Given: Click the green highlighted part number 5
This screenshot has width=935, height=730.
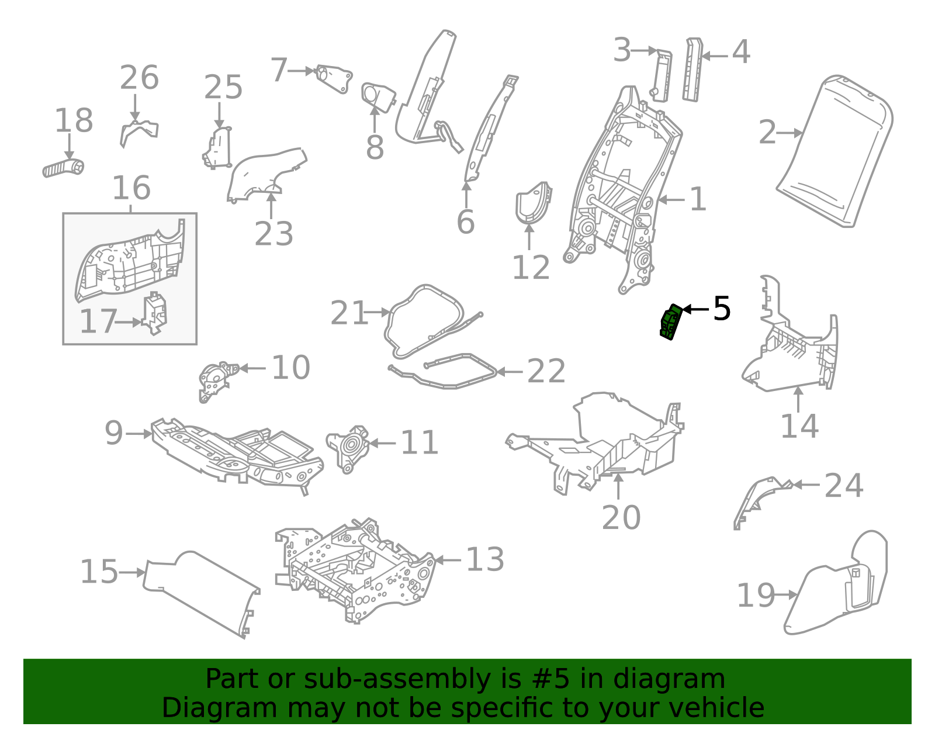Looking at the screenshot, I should tap(670, 322).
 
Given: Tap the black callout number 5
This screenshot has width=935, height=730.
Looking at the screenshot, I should tap(722, 309).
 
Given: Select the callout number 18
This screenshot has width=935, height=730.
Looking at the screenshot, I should tap(74, 121).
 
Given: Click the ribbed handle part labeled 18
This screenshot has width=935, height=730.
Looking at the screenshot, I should tap(63, 168).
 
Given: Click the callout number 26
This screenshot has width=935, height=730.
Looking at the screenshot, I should tap(139, 78).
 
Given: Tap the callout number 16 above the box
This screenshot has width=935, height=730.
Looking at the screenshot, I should tap(131, 188).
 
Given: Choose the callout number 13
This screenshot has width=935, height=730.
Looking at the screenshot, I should tap(485, 560).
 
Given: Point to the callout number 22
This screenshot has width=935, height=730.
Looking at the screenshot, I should tap(546, 372).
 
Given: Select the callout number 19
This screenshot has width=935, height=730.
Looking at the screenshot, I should tap(756, 596).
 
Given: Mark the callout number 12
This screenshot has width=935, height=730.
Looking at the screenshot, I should tap(531, 268).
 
